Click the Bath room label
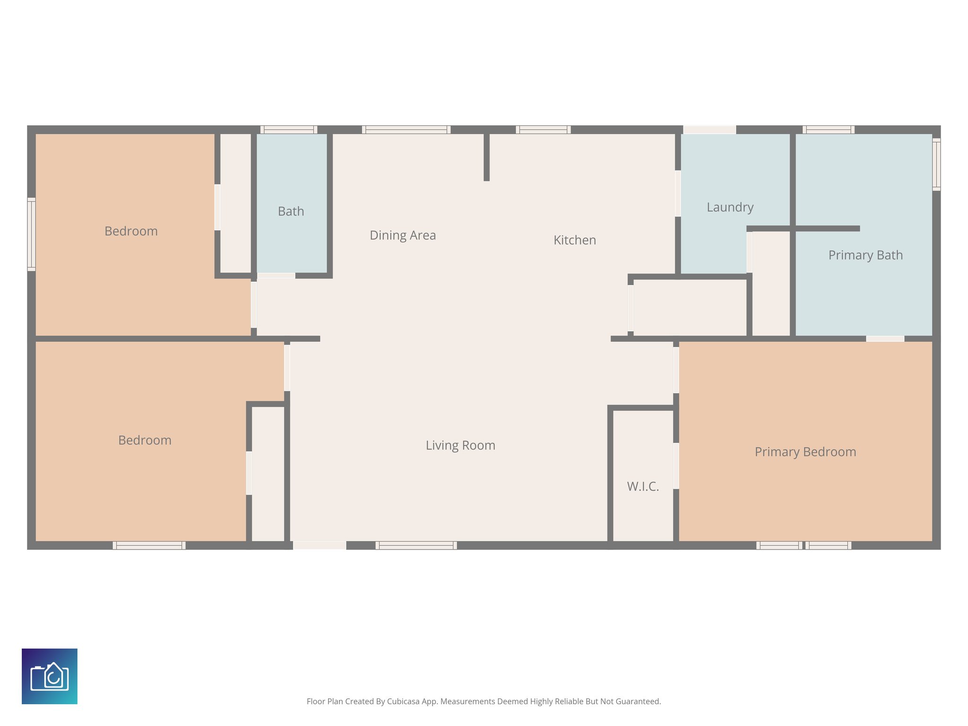[x=291, y=211]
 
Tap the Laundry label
[x=730, y=207]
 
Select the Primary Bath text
[x=865, y=255]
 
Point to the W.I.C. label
[x=643, y=486]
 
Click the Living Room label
[x=460, y=445]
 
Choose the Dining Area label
[x=403, y=235]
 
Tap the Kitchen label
[x=574, y=240]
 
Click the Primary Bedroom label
[x=805, y=452]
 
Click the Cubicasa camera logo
[x=50, y=676]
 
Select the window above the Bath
[x=288, y=130]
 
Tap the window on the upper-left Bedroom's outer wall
[x=31, y=234]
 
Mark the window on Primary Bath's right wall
[x=936, y=164]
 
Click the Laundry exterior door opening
[x=709, y=130]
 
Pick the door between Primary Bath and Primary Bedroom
[x=885, y=338]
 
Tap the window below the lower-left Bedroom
[x=149, y=545]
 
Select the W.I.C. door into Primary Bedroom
[x=676, y=466]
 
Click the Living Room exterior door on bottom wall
[x=320, y=545]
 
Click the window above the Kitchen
[x=543, y=130]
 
